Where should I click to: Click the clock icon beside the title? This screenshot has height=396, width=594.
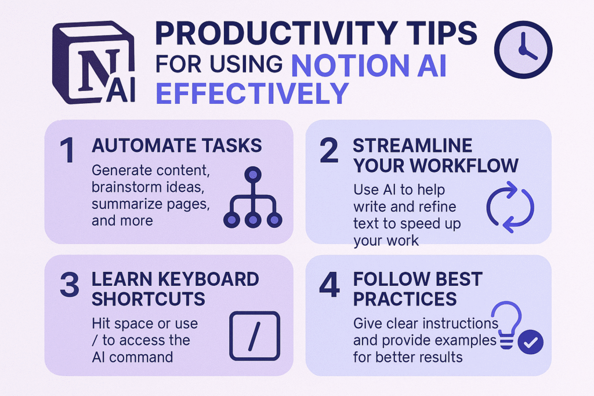[x=523, y=50]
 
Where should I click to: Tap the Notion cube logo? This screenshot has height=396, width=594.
[x=93, y=63]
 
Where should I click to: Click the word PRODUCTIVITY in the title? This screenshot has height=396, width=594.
[x=276, y=34]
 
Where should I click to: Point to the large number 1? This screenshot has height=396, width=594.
[x=68, y=150]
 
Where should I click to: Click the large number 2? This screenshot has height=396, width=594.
[x=328, y=150]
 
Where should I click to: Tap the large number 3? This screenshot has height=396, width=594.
[x=70, y=284]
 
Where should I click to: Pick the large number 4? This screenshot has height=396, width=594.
[x=329, y=284]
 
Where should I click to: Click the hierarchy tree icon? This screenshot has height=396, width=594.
[x=253, y=197]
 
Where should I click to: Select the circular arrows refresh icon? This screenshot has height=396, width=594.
[x=510, y=207]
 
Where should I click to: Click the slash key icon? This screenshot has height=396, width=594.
[x=255, y=336]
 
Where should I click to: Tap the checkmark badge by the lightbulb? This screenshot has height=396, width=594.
[x=530, y=342]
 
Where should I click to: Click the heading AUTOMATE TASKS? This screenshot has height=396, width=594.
[x=176, y=146]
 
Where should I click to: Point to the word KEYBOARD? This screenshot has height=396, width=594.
[x=208, y=279]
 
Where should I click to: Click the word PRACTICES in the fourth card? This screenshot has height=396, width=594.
[x=405, y=299]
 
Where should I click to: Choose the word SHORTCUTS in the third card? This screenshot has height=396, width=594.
[x=148, y=299]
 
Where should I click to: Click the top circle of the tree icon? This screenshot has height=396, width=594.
[x=253, y=175]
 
